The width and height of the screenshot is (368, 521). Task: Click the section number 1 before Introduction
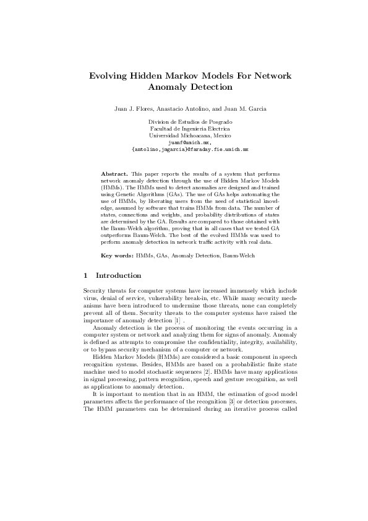click(85, 275)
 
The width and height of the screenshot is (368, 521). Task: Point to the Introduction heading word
click(119, 275)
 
